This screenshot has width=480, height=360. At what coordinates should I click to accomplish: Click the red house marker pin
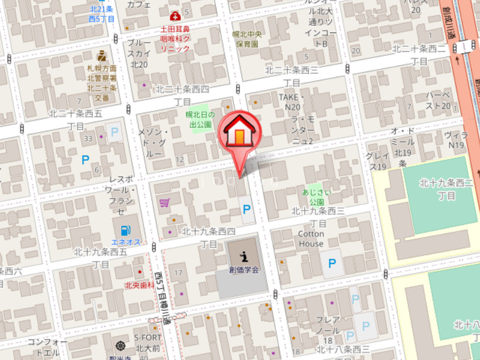point(239,133)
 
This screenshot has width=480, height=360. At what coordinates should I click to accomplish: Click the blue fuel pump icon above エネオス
point(125,230)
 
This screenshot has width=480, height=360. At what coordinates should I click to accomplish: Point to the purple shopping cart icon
point(164,203)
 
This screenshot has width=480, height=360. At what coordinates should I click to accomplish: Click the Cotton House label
point(311,239)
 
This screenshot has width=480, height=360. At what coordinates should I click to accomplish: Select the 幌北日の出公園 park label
point(199,119)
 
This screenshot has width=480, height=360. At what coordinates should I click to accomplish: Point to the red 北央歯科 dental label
point(137,286)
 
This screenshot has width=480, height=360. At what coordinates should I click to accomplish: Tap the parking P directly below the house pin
point(246,209)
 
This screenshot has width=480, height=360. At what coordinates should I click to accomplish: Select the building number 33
point(88,139)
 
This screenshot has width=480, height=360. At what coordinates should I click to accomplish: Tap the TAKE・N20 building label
point(292,102)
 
